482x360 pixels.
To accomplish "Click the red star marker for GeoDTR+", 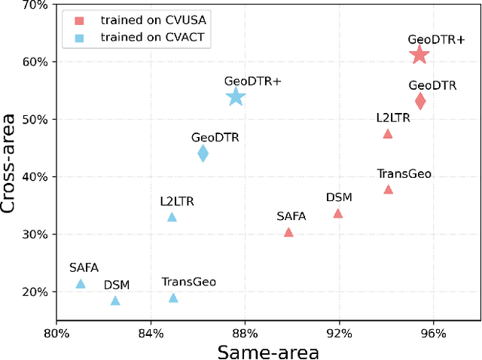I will point(419,54).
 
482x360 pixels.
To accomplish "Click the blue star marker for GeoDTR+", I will point(236,96).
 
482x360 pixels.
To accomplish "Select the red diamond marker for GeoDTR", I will point(420,101).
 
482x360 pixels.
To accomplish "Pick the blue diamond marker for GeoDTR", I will point(203,154).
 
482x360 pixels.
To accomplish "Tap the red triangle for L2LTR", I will point(388,134).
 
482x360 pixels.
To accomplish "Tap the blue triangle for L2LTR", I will point(172,217).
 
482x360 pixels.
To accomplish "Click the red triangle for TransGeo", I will point(388,189).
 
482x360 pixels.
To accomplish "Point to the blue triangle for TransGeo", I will point(173,298).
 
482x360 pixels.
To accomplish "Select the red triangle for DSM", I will point(337,213).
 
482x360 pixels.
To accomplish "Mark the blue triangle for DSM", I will point(115,301).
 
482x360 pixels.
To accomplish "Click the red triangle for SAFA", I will point(288,233).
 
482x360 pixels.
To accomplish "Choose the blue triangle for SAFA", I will point(81,284).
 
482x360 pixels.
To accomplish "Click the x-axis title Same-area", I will point(268,351).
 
